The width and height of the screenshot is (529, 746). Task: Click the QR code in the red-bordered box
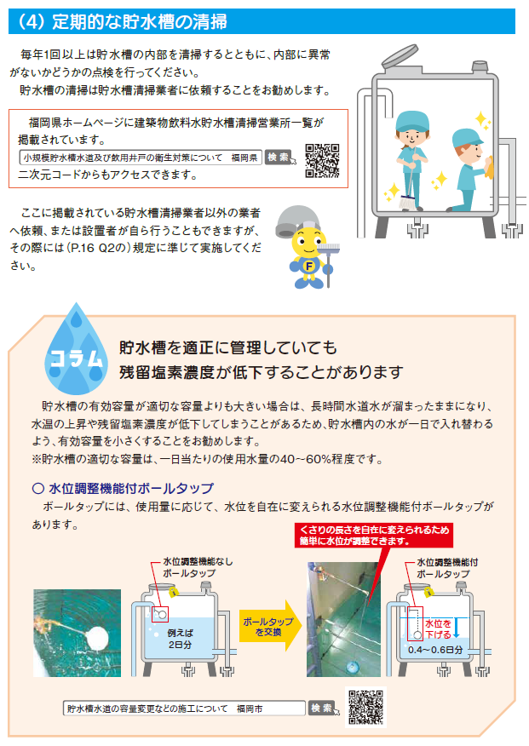322,161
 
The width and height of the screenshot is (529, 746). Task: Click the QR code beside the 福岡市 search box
365,708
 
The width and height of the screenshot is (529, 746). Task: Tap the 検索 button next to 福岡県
278,157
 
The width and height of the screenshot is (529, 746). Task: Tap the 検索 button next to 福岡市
322,708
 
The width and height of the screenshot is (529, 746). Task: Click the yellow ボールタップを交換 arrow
270,626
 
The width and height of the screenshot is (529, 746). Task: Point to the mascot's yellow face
308,243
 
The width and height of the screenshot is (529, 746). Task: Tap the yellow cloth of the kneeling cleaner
490,168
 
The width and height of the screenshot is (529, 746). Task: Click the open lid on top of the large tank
400,55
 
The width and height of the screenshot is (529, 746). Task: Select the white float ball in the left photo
101,639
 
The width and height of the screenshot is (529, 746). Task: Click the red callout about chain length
373,536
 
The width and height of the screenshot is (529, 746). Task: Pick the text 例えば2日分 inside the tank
181,639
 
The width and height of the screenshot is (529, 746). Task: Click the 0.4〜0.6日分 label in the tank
434,650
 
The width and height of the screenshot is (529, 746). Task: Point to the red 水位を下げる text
438,629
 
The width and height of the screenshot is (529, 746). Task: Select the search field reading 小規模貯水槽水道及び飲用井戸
141,158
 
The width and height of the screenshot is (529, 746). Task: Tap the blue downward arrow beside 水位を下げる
457,628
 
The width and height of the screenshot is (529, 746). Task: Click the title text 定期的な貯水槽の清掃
140,22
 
